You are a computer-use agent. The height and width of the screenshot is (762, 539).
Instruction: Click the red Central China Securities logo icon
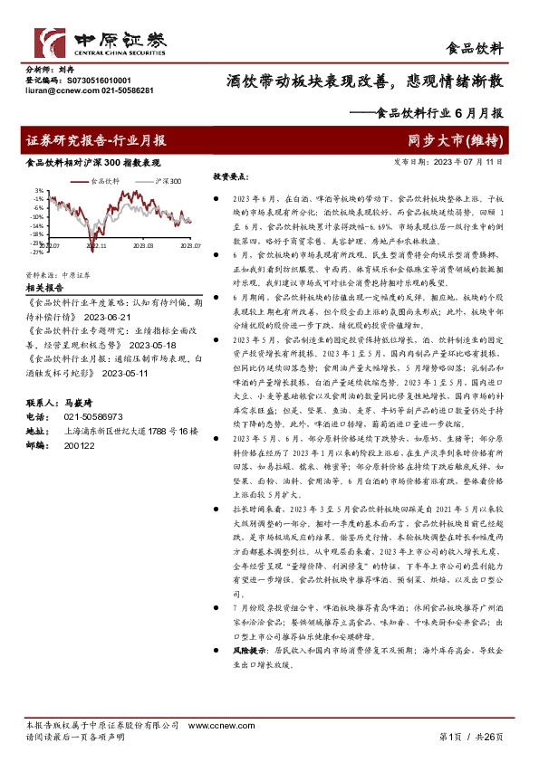coord(49,42)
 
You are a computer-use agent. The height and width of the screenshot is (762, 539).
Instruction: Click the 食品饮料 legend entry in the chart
coord(106,180)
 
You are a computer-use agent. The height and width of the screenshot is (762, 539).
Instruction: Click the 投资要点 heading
coord(231,177)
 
